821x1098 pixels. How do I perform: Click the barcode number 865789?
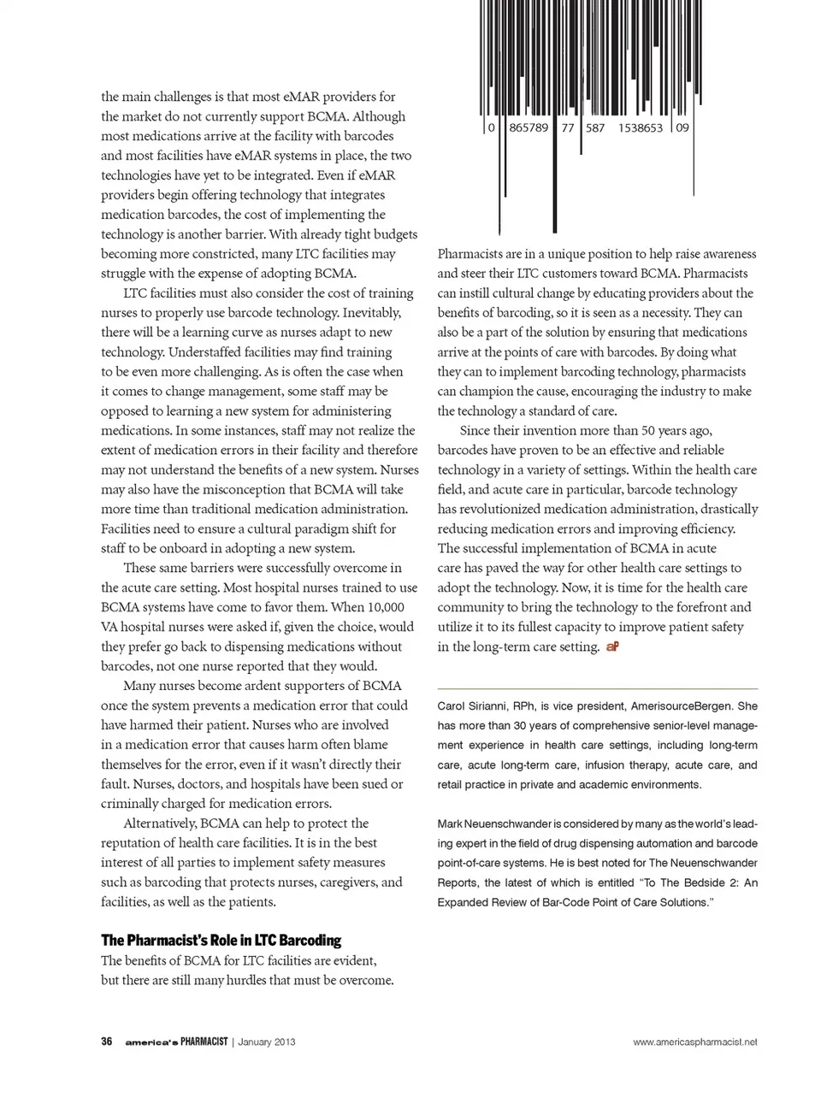(528, 127)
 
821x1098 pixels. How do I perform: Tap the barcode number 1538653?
(640, 127)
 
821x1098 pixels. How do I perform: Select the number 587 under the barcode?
(594, 127)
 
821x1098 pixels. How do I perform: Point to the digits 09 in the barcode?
(682, 127)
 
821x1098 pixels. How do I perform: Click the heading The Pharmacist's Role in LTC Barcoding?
(221, 940)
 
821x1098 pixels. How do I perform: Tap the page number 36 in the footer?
(107, 1042)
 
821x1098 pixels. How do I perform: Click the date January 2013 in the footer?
(267, 1042)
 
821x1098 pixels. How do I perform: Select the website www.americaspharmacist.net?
(695, 1042)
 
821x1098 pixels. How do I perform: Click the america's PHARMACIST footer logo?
(176, 1042)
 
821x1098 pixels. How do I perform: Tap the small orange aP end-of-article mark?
(612, 646)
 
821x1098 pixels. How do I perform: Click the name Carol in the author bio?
(452, 706)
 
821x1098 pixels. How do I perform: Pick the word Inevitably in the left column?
(370, 313)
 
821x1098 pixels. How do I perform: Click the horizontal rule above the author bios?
(597, 688)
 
